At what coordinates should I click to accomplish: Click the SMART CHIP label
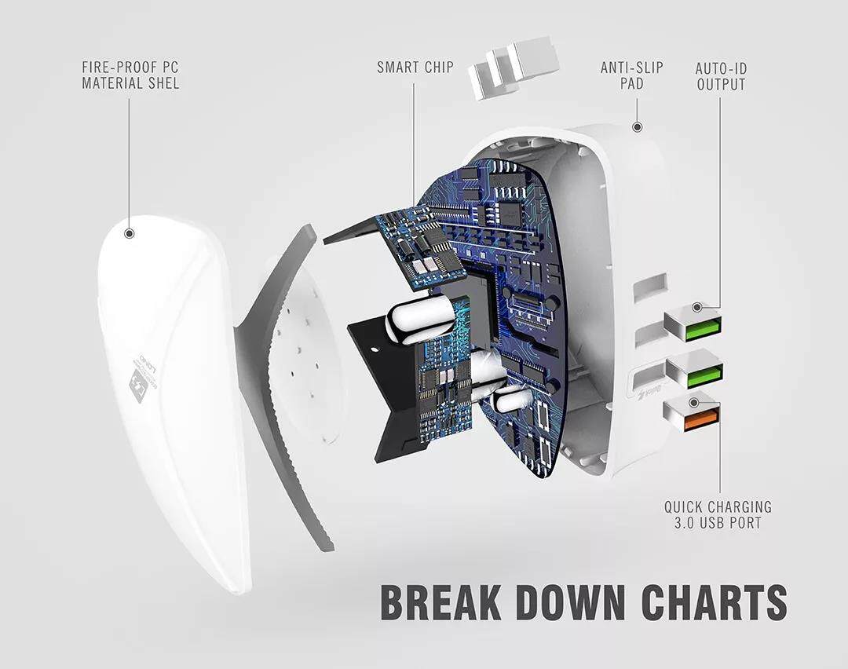(x=415, y=67)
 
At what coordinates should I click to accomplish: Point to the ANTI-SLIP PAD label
(x=631, y=75)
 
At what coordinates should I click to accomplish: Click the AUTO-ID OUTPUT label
(x=720, y=75)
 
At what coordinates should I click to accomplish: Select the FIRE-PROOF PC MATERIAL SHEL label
(x=130, y=75)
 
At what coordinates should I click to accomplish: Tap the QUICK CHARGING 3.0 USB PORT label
(x=718, y=515)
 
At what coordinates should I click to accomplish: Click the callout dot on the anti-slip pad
(x=637, y=126)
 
